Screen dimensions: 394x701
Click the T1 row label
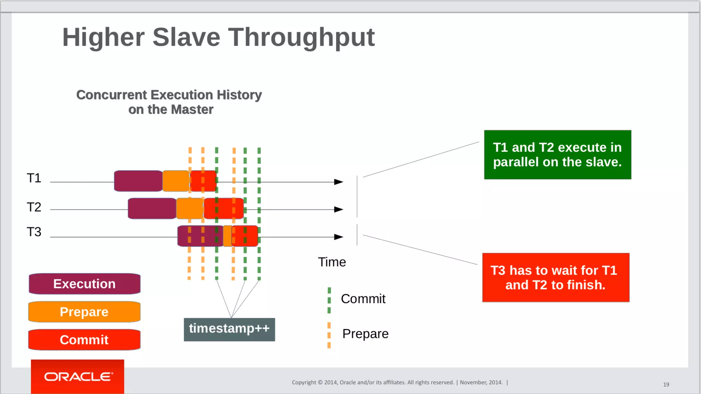34,178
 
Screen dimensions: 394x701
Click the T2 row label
34,207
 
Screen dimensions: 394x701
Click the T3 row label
34,232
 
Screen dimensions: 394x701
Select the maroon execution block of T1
138,181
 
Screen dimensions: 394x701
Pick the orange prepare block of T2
190,208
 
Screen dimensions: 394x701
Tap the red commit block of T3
245,236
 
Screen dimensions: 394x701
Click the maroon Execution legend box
85,284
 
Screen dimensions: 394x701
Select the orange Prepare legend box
84,312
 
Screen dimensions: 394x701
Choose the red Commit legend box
84,340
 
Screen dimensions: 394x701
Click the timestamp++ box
229,329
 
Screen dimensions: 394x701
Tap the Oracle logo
78,377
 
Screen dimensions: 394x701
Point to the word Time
332,262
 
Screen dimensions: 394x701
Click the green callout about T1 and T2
558,155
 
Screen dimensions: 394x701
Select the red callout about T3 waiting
556,278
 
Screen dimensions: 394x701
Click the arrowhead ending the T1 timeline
339,182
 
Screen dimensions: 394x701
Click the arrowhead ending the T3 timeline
339,237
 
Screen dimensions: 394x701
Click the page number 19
666,385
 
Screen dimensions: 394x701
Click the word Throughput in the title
301,38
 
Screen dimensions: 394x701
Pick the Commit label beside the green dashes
363,299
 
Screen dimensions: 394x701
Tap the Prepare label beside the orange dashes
365,334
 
